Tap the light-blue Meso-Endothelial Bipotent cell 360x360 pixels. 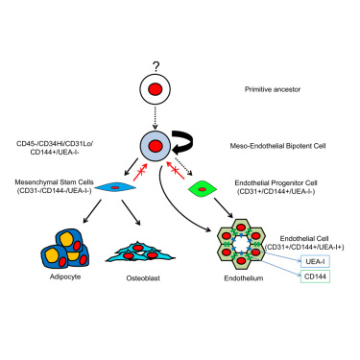tap(155, 145)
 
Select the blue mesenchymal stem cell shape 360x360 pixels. tap(112, 189)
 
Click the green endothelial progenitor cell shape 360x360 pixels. tap(203, 187)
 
